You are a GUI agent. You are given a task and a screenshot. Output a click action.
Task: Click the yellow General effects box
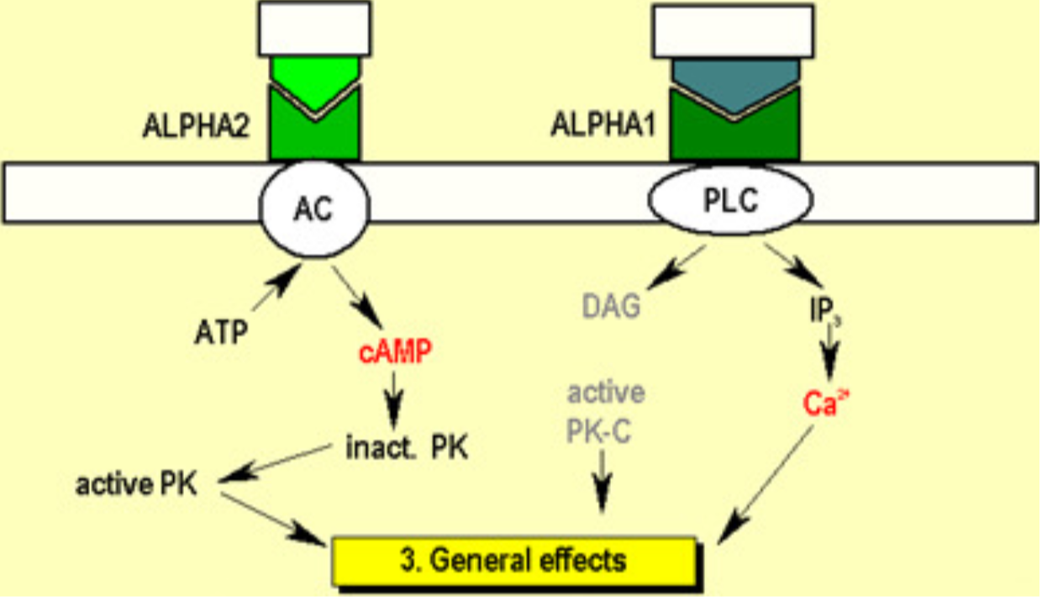click(x=515, y=558)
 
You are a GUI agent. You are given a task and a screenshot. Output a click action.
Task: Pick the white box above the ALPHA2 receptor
click(x=314, y=28)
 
